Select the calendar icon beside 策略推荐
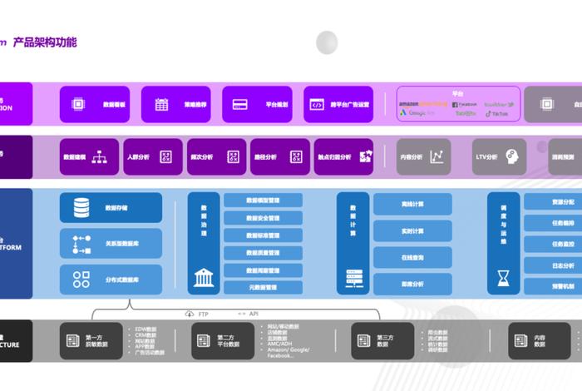tap(161, 105)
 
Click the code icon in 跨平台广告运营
tap(317, 105)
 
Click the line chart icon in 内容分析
tap(436, 156)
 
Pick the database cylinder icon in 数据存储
tap(81, 206)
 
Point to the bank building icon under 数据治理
tap(204, 277)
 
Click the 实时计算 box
tap(412, 230)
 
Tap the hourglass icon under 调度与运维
tap(504, 277)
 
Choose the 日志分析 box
tap(553, 265)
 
